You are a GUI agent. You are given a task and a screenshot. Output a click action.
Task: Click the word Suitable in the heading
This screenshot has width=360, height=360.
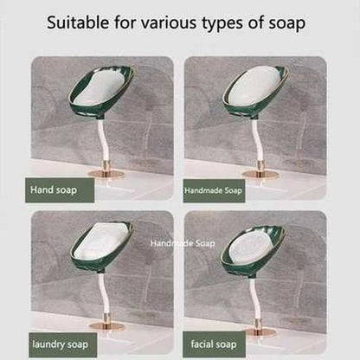[78, 22]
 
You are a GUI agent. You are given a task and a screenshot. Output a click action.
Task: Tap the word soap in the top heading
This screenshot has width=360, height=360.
[286, 23]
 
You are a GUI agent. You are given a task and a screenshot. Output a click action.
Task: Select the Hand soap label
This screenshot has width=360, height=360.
[60, 190]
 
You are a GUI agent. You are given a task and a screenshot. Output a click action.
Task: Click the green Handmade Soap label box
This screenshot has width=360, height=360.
[214, 190]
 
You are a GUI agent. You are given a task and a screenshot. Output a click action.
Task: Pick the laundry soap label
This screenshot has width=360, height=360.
[62, 344]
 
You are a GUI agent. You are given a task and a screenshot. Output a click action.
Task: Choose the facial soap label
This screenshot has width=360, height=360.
[214, 344]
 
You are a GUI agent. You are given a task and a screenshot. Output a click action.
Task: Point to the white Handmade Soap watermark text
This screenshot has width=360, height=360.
[183, 243]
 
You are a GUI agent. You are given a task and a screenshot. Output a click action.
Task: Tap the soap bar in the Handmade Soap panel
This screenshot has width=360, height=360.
[253, 86]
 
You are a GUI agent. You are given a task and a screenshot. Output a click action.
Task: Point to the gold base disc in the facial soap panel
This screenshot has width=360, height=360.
[261, 332]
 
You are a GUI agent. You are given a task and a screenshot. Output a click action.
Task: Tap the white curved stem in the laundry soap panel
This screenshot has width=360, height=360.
[104, 294]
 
